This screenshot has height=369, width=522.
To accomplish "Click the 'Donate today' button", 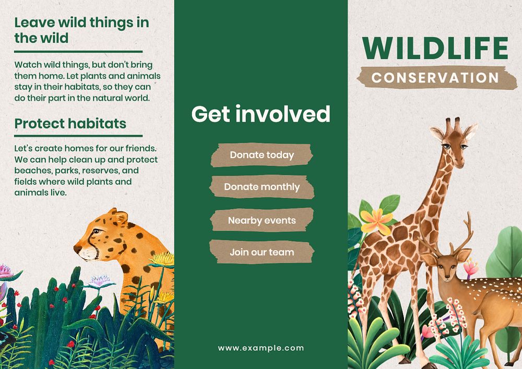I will click(x=262, y=155).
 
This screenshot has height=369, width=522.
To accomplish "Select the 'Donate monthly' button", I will click(x=262, y=187).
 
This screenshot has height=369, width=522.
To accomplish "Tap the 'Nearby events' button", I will click(x=262, y=220).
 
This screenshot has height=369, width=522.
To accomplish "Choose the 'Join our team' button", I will click(x=262, y=252).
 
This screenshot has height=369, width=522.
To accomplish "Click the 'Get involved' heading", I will click(x=260, y=114).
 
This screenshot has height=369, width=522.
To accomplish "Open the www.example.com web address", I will click(x=260, y=348).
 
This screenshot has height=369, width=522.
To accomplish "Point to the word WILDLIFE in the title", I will click(x=435, y=48).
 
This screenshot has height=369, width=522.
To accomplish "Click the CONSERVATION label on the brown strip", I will click(x=435, y=77).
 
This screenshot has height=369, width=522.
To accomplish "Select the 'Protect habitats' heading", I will click(x=70, y=123).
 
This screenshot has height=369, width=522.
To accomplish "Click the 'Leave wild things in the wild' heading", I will click(x=81, y=30).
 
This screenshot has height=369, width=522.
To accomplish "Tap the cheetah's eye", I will click(x=97, y=231).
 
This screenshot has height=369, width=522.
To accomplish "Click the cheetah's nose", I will click(x=77, y=245).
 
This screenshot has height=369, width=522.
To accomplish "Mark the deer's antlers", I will click(x=452, y=237).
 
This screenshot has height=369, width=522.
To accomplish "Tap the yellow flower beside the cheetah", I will click(x=163, y=258).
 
